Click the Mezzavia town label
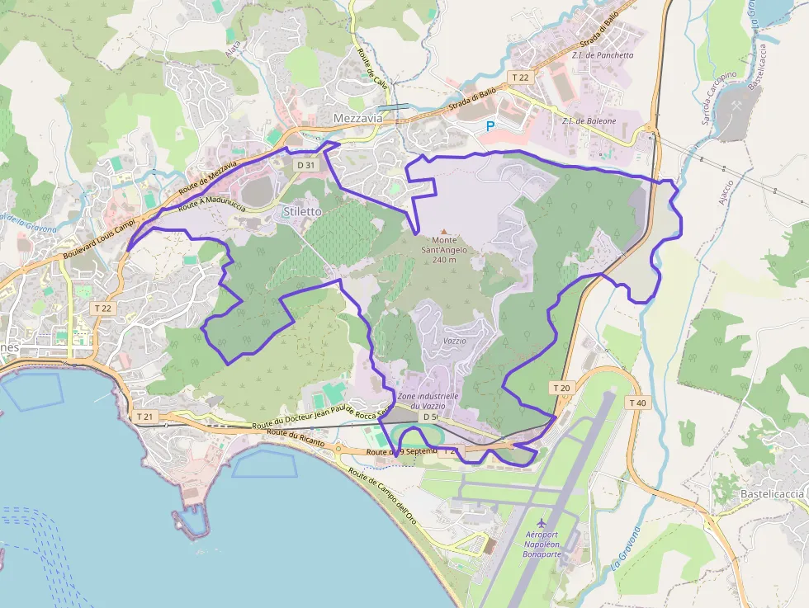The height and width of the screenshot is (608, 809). pos(358,119)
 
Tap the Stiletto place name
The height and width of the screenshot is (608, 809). pos(302,211)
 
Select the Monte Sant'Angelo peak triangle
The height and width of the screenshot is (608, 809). pos(445,232)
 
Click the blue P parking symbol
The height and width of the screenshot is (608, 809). pos(490,127)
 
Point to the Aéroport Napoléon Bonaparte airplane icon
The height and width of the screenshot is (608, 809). pos(541,523)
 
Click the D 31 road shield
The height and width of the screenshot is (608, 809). pos(305,165)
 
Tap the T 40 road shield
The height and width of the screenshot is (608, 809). pos(637,403)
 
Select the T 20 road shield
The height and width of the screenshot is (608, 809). pos(561,388)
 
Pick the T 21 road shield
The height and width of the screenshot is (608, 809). pos(145,417)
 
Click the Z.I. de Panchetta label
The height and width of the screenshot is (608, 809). pos(602,55)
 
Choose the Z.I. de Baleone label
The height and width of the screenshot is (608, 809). pos(589,121)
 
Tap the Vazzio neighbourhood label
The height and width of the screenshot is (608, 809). pos(454,341)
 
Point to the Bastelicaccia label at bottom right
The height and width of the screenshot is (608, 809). pos(772,493)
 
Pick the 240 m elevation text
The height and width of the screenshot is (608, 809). pos(444,260)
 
